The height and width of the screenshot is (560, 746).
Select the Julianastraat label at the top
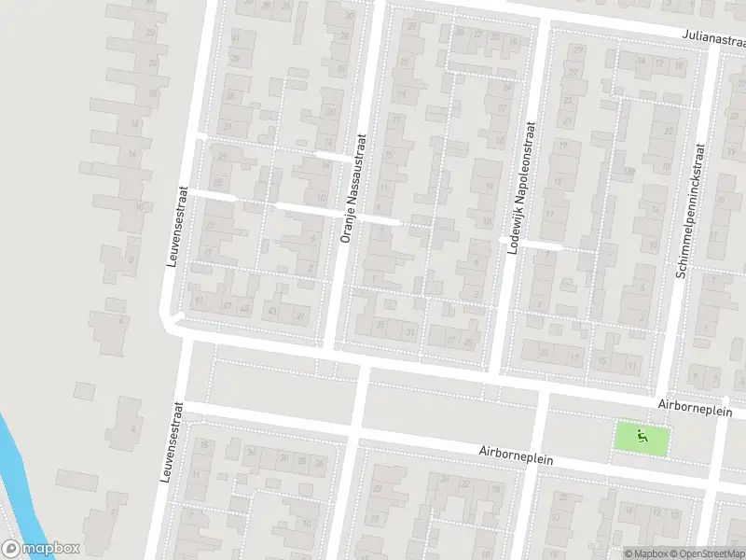point(714,39)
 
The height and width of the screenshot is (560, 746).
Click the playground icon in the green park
point(642,436)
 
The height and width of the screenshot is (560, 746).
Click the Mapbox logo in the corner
point(41,549)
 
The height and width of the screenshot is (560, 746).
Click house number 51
point(199,301)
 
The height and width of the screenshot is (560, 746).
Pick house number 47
point(227,305)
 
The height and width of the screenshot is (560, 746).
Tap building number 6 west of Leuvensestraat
point(122,320)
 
